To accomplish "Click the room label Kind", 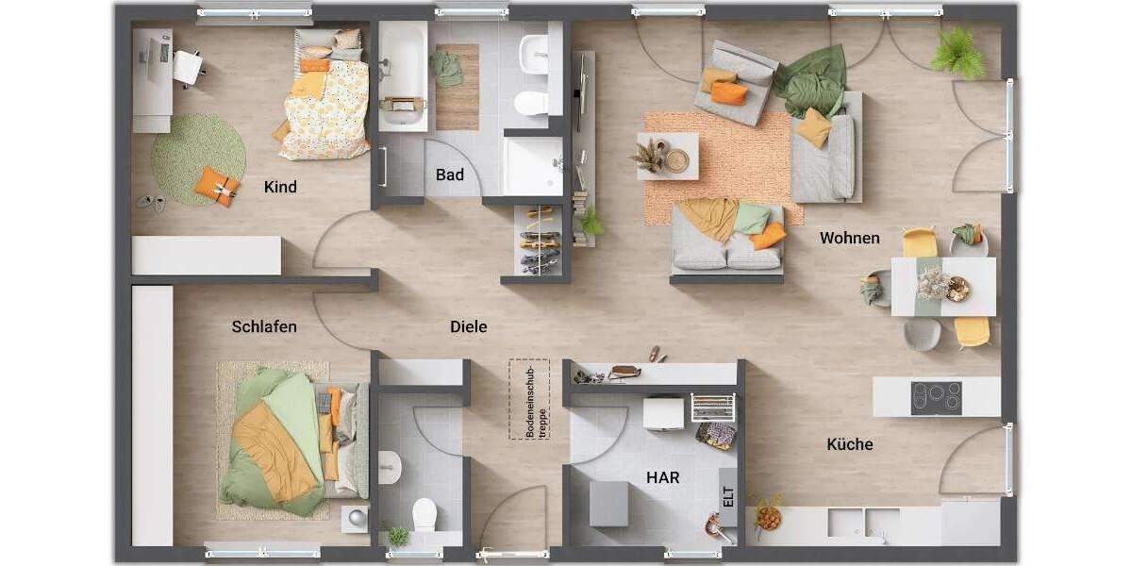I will pos(280,187).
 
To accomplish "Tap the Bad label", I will pos(450,175).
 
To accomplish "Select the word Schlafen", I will pos(264,327).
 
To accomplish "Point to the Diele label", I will pos(469,327).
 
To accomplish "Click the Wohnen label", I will pos(849,238).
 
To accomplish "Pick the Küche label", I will pos(850,444).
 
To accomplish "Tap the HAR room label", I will pos(662,477).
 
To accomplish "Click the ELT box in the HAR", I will pos(728,497).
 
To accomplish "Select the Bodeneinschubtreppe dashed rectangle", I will pos(529,399).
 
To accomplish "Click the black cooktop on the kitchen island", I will pos(936,397).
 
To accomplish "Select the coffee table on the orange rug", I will pos(668,156).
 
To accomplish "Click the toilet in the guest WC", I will pos(424,514).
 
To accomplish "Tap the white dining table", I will pos(943,286).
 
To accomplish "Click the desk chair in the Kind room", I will pos(188,66).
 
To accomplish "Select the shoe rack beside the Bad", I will pos(539,241).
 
